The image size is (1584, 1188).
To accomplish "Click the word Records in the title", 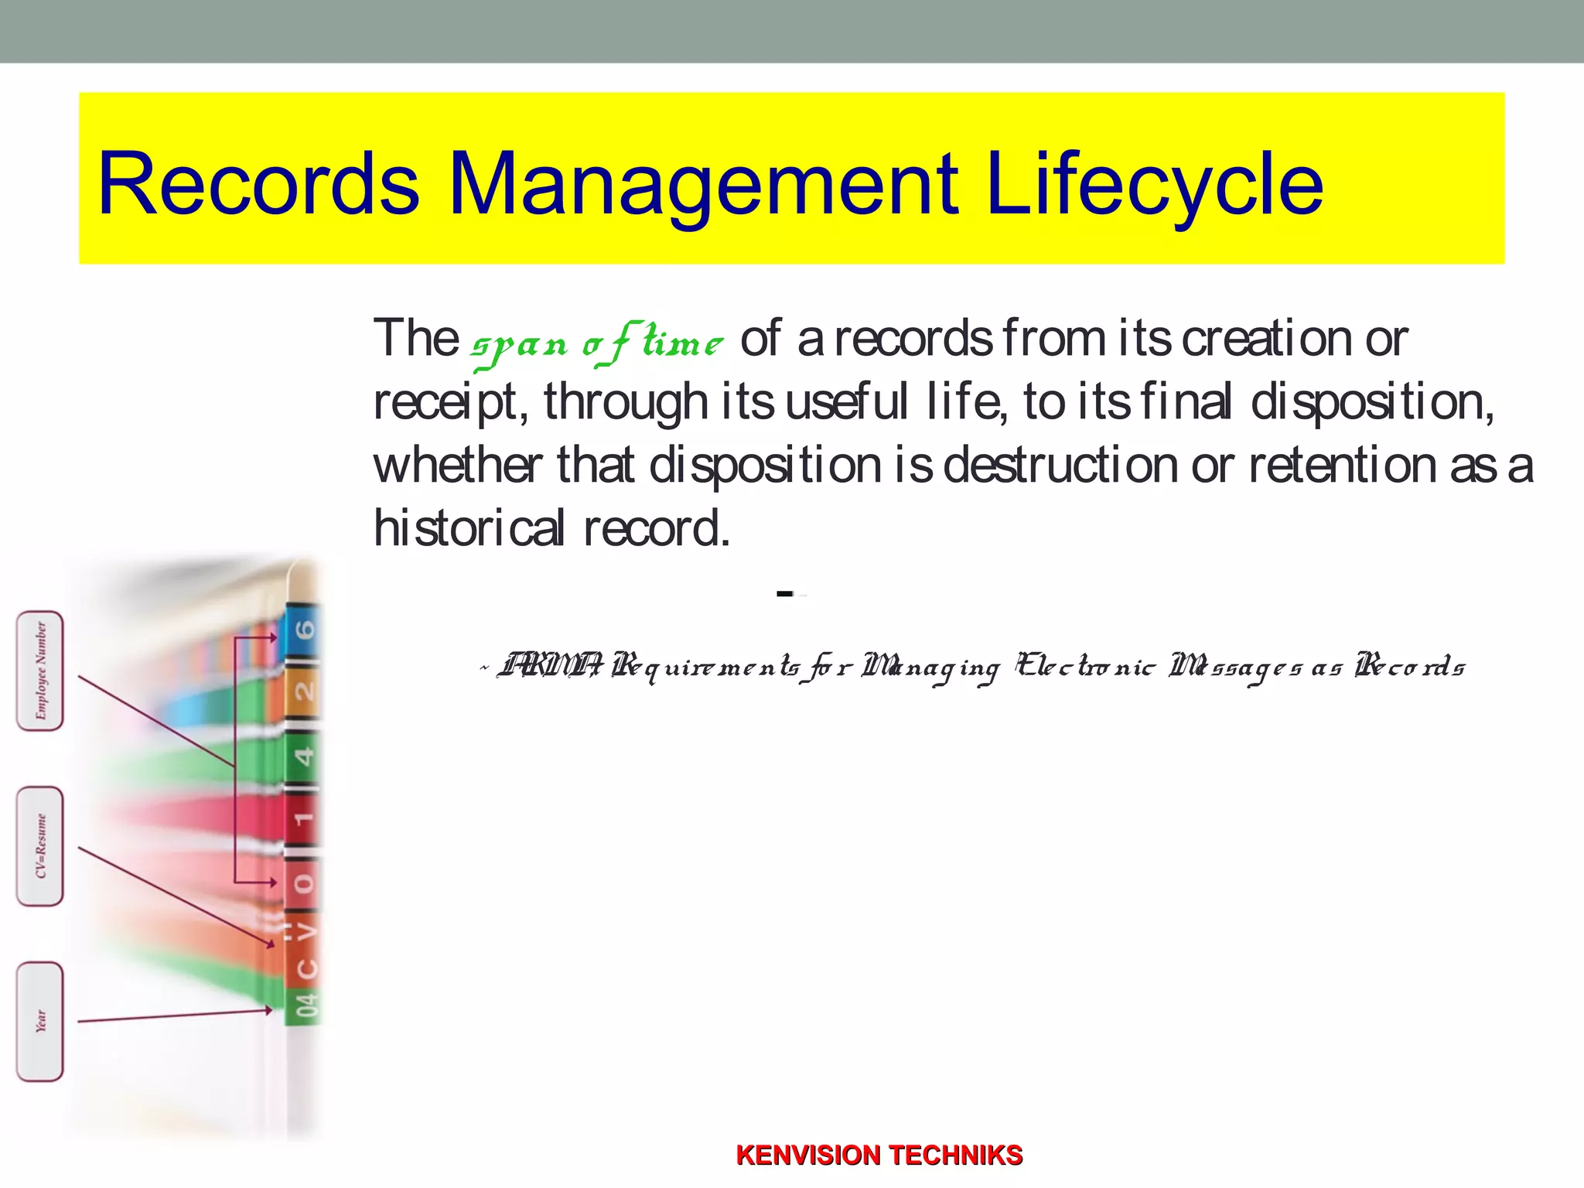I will tap(259, 184).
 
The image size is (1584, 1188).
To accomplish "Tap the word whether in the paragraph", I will tap(458, 466).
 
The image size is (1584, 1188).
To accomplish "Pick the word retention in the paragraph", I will tap(1342, 466).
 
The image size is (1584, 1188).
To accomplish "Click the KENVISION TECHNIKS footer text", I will tap(879, 1155).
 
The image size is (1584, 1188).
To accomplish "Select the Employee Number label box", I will tap(40, 671).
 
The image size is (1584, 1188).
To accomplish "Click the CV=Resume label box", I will tap(40, 846).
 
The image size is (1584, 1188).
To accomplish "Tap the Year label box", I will tap(40, 1022).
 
